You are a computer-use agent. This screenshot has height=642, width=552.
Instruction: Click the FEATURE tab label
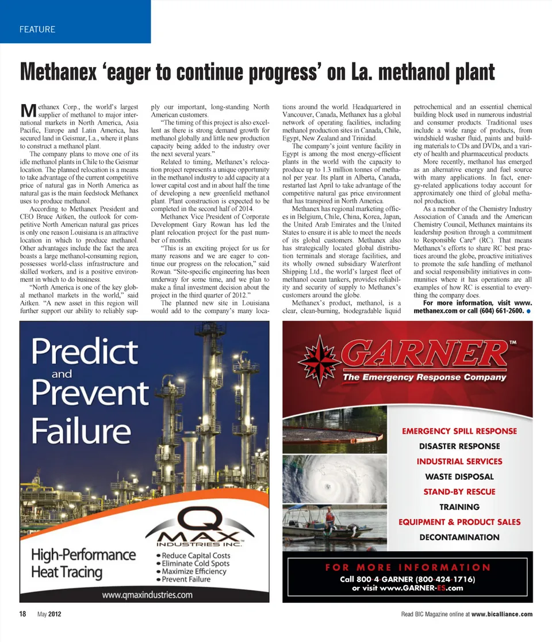[x=37, y=29]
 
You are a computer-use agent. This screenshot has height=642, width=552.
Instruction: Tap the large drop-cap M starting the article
[x=28, y=110]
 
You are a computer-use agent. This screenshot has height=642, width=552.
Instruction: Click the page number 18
[x=22, y=614]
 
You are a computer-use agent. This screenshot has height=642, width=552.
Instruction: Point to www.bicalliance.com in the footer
[x=501, y=614]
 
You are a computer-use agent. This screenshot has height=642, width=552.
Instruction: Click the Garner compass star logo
[x=320, y=353]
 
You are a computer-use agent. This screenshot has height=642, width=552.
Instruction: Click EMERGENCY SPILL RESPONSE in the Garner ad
[x=459, y=431]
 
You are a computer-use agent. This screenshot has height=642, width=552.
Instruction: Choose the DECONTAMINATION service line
[x=459, y=537]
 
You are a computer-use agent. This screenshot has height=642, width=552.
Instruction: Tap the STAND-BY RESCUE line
[x=459, y=492]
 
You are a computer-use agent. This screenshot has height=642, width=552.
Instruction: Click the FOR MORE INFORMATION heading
[x=407, y=567]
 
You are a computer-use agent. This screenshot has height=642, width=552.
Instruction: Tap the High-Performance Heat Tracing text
[x=83, y=564]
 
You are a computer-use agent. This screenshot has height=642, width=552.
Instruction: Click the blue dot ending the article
[x=528, y=311]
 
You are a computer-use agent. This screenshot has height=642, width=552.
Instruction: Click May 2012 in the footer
[x=49, y=614]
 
